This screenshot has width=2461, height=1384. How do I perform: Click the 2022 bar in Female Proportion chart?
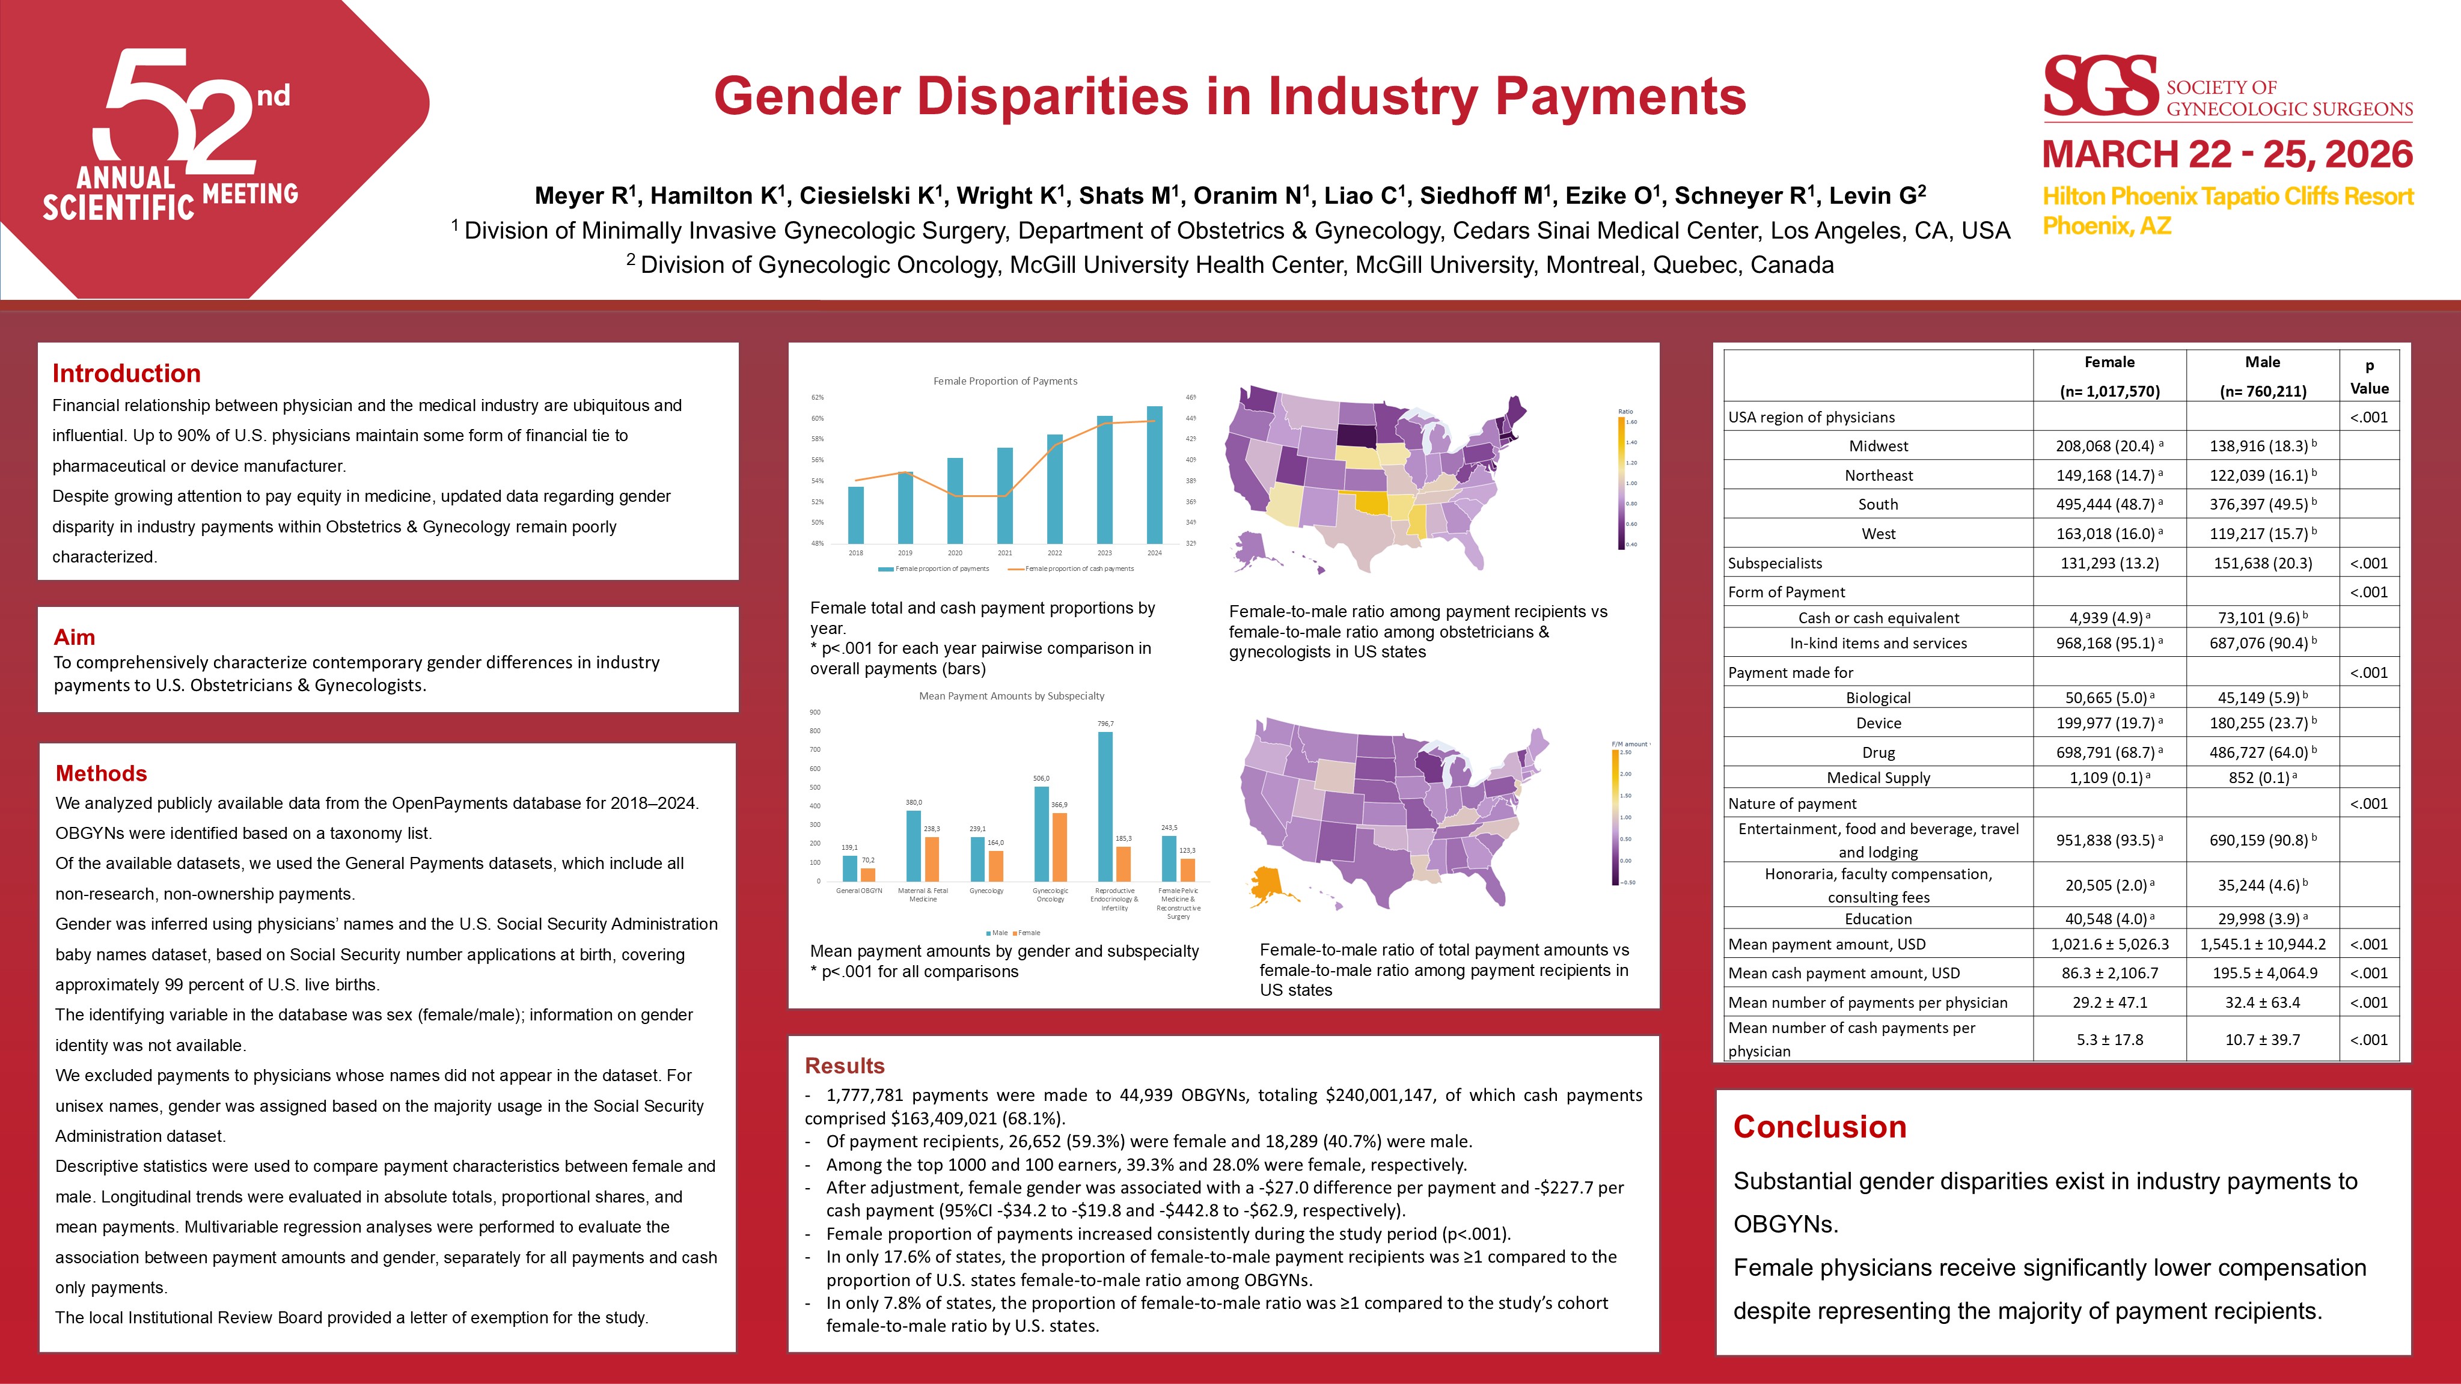pos(1055,489)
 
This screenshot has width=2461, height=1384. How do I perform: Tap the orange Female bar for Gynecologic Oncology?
pos(1060,846)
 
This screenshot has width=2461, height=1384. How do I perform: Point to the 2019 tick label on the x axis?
pos(905,553)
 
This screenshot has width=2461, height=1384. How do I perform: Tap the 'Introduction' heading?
pos(126,373)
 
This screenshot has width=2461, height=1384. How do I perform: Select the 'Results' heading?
pos(845,1066)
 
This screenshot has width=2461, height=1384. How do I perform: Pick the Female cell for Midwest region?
pos(2109,446)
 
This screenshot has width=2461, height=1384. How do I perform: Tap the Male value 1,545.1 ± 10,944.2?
pos(2262,945)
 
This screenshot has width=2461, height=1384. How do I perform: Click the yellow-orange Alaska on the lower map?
pos(1267,885)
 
